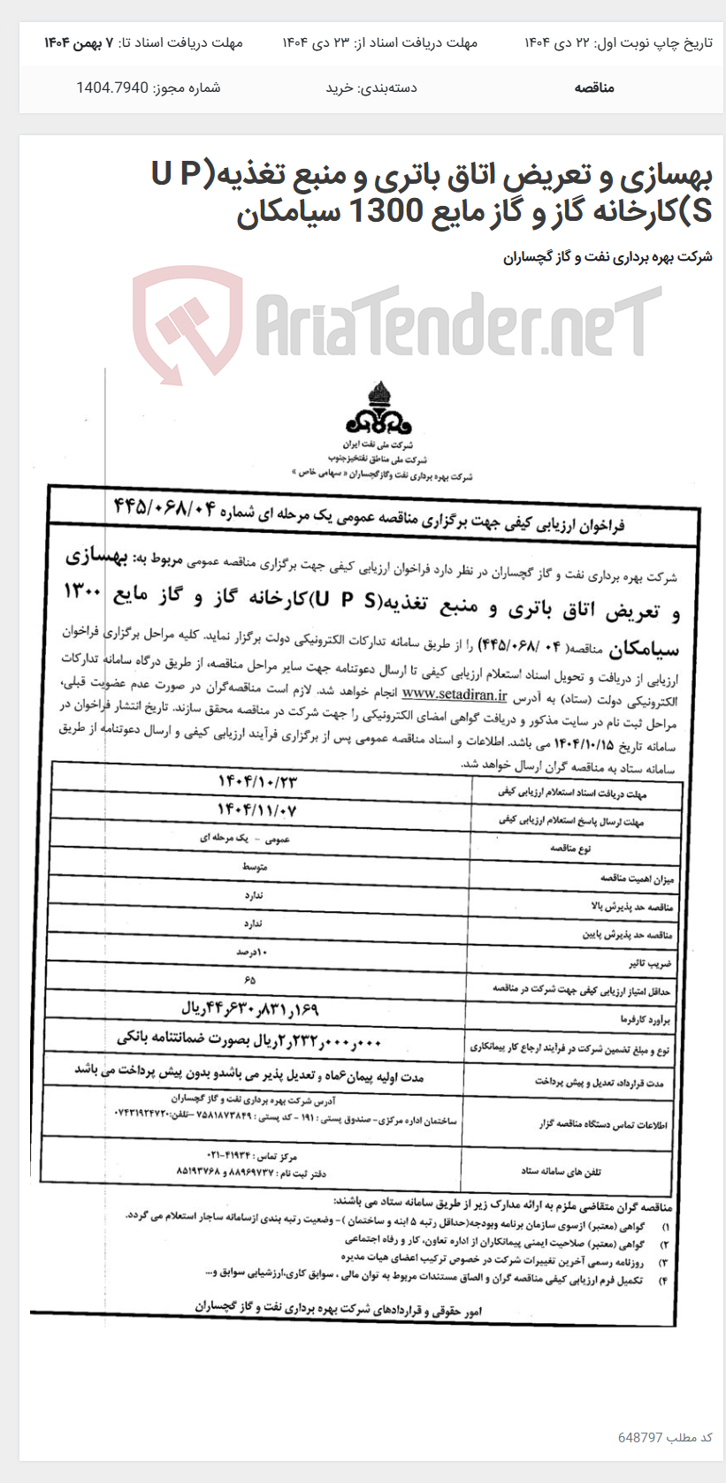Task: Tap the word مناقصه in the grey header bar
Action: click(x=593, y=87)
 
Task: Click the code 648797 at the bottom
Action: click(x=639, y=1437)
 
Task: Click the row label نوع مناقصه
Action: click(x=570, y=848)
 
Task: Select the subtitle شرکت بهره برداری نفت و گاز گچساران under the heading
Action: click(x=608, y=257)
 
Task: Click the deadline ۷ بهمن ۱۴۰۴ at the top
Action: click(x=79, y=42)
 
